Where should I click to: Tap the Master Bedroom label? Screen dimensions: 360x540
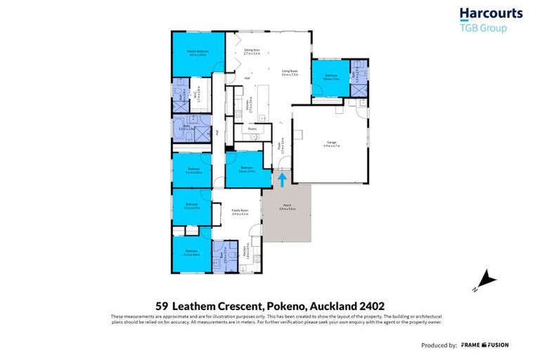pos(198,53)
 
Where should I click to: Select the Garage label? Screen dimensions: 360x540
pos(331,143)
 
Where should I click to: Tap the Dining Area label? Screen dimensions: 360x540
pos(252,51)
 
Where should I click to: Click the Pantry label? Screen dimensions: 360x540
pos(251,129)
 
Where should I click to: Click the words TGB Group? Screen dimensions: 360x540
pos(482,29)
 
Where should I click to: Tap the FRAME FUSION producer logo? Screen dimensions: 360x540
pos(484,345)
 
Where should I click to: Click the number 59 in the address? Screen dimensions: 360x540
pos(162,306)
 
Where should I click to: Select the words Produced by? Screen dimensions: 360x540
pos(439,345)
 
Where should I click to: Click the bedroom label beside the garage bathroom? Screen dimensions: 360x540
pos(330,77)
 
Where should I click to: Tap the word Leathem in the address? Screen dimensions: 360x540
pos(195,306)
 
